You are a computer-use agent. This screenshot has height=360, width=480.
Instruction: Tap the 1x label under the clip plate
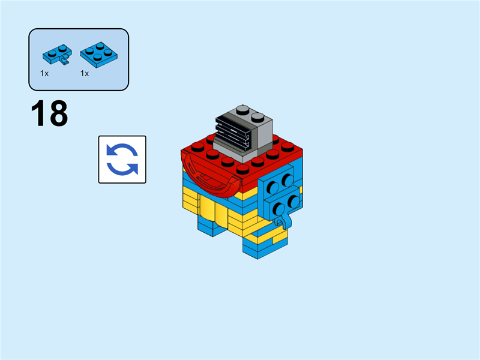pos(44,73)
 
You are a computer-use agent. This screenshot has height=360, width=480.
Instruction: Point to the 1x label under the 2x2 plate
pos(85,73)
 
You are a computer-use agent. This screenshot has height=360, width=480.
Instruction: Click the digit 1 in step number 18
pos(39,114)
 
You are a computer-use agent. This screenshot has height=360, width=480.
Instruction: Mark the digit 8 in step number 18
pos(58,114)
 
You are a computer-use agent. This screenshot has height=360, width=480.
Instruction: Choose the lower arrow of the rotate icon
pos(122,169)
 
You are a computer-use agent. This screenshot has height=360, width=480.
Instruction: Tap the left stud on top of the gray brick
pos(242,109)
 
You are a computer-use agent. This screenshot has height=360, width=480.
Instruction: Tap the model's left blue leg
pos(210,225)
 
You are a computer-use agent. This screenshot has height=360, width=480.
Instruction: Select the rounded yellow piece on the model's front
pos(213,208)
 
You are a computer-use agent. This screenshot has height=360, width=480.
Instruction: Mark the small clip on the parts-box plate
pos(64,60)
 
